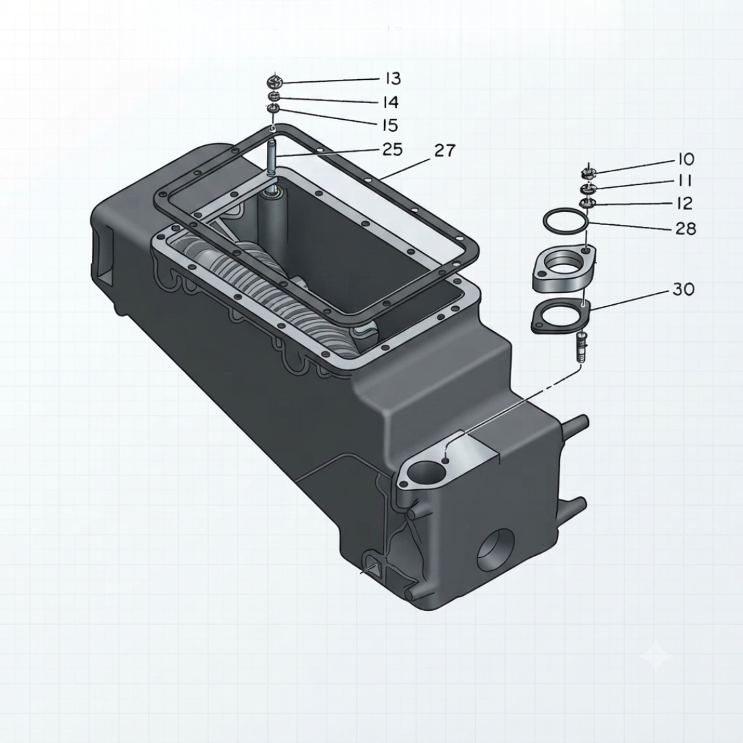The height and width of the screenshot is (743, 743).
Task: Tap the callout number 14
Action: click(391, 102)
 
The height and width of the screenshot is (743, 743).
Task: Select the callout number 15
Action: click(389, 125)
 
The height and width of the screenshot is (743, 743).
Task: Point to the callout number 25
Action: click(392, 149)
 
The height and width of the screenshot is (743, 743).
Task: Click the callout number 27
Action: click(445, 150)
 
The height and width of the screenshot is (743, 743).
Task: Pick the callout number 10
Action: click(686, 159)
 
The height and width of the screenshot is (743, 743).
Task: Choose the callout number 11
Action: click(684, 180)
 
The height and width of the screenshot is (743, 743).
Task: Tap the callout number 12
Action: click(684, 203)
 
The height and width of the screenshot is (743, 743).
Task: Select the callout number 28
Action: click(686, 228)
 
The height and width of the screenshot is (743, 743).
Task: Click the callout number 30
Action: click(683, 288)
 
